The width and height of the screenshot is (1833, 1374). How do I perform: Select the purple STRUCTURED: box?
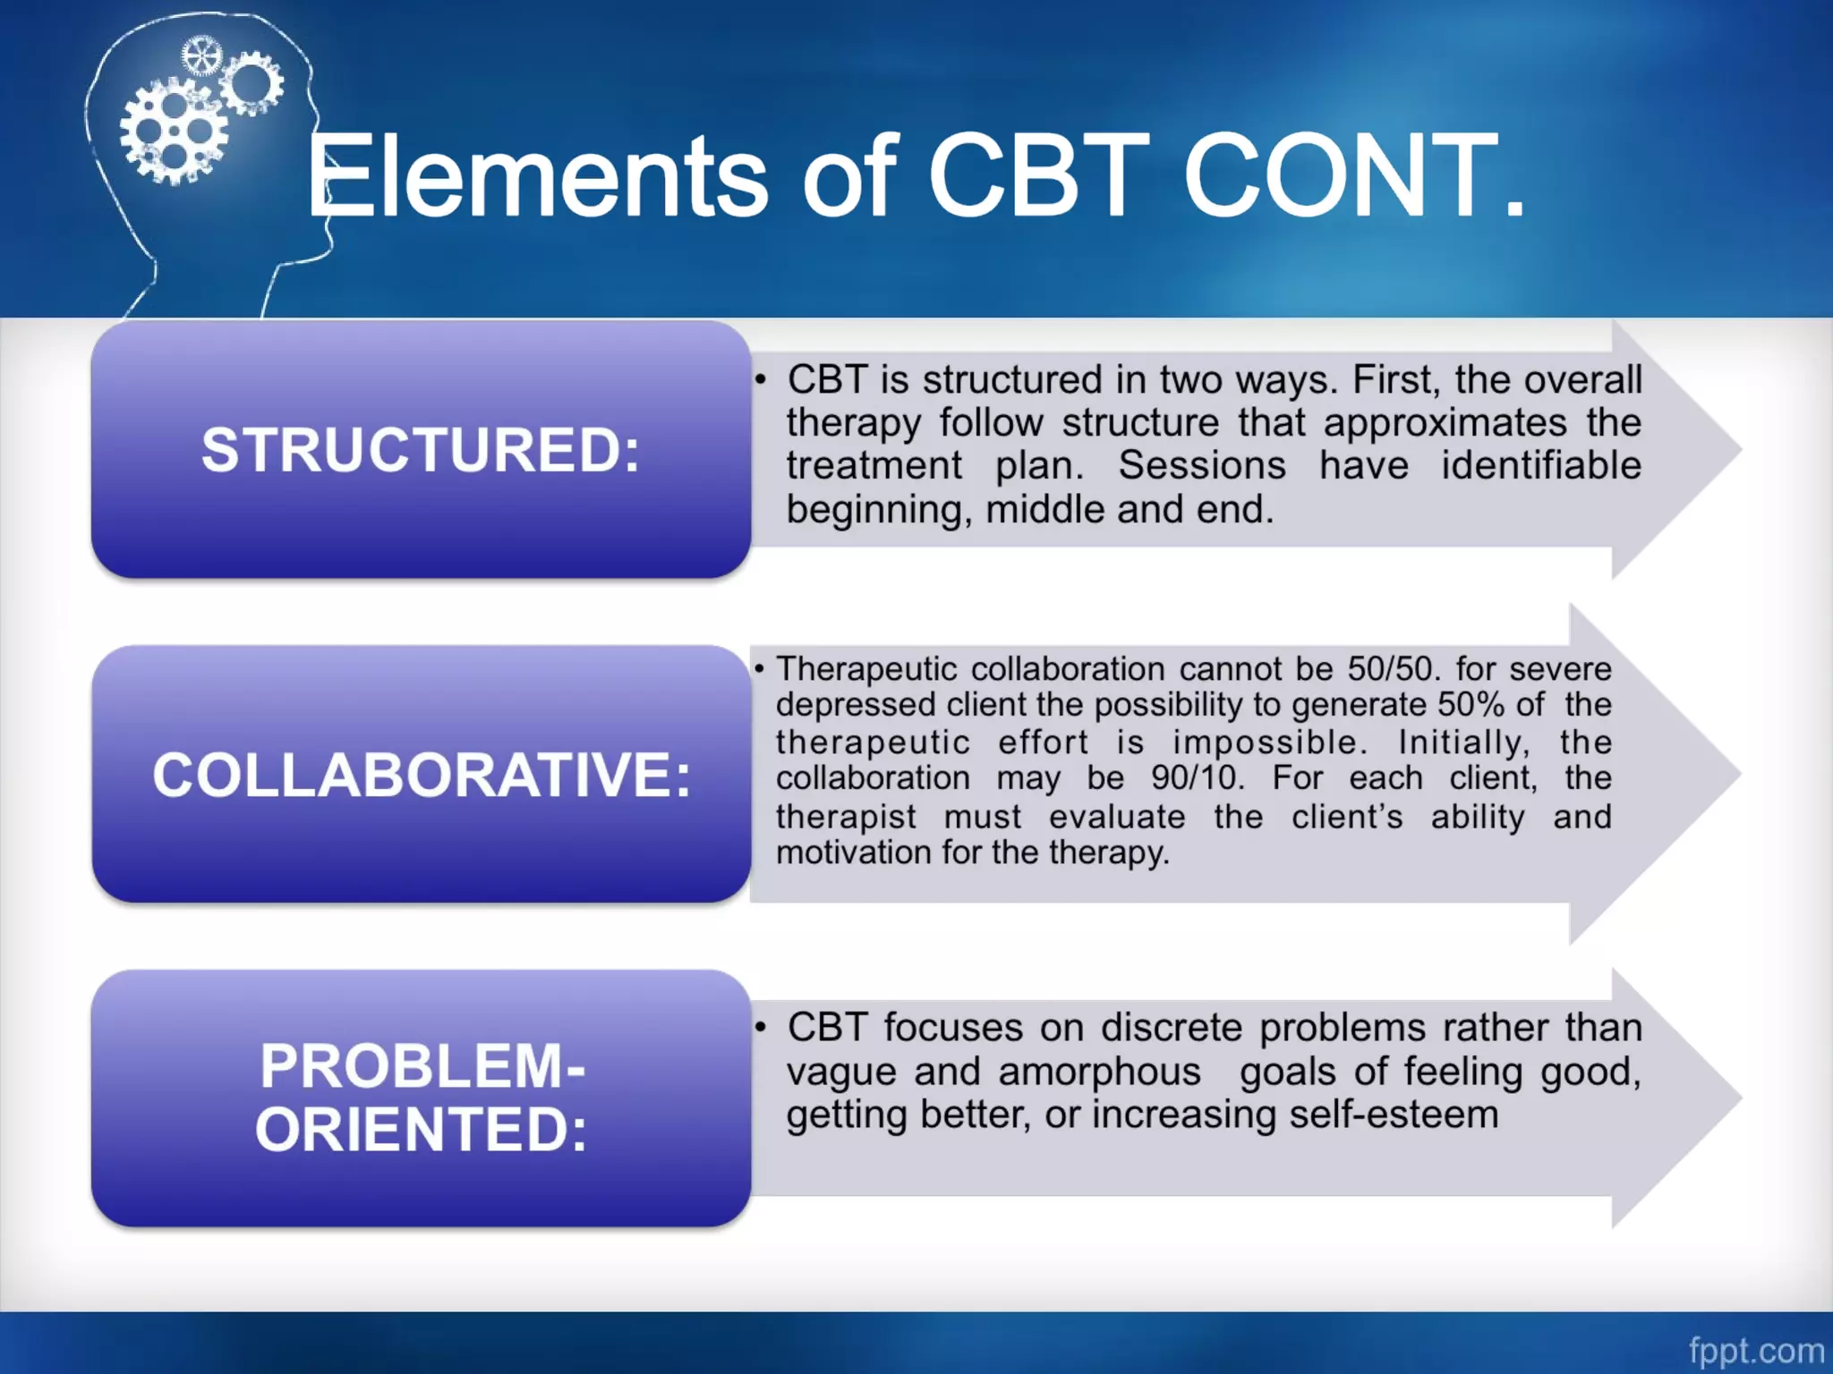coord(421,449)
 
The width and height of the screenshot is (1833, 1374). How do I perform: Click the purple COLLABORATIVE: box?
coord(421,774)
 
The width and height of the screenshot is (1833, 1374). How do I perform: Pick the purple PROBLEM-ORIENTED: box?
coord(421,1098)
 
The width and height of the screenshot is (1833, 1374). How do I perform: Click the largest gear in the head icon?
coord(174,132)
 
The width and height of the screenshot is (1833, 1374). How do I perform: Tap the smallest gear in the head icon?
coord(200,56)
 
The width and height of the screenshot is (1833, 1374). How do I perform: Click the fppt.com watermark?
coord(1755,1350)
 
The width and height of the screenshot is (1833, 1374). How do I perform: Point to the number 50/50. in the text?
coord(1389,669)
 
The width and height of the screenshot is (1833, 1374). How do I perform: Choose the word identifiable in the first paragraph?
coord(1540,466)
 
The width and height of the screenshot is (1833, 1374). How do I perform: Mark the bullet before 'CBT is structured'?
coord(760,381)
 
